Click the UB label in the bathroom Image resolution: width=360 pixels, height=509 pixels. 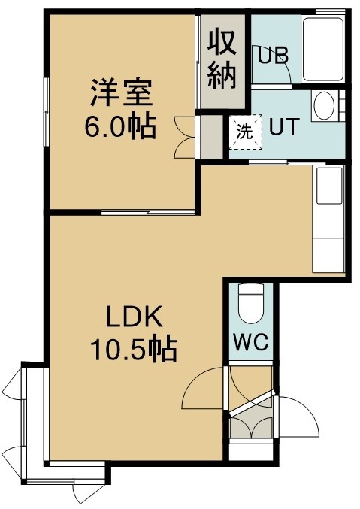(x=273, y=56)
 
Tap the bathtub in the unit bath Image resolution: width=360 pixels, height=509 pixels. (x=323, y=49)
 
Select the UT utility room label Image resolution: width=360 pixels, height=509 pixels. (x=283, y=127)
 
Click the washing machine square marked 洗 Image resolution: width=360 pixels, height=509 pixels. (x=246, y=132)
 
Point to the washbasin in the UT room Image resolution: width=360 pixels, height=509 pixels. (x=325, y=105)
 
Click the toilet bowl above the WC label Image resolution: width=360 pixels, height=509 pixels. (x=250, y=304)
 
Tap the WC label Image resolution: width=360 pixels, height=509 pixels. (x=251, y=341)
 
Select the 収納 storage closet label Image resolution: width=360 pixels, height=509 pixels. (x=222, y=61)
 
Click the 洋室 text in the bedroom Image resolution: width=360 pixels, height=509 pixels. (x=121, y=92)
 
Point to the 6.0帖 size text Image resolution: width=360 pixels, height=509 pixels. (x=120, y=126)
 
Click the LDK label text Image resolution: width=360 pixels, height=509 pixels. (x=135, y=317)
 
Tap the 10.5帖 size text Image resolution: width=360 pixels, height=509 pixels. (x=134, y=350)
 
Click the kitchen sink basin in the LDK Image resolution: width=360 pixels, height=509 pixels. (x=329, y=186)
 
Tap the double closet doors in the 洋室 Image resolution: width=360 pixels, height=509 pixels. (x=185, y=138)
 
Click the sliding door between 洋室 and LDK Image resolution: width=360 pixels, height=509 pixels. (x=148, y=212)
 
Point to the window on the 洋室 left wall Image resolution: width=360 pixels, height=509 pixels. (x=47, y=112)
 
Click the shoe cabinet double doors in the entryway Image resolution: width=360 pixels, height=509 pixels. (x=250, y=428)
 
